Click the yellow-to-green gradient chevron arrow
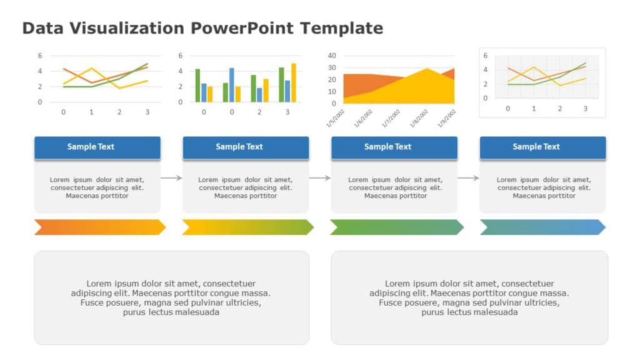pyautogui.click(x=247, y=227)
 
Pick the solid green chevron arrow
pyautogui.click(x=396, y=227)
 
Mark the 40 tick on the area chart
pyautogui.click(x=332, y=56)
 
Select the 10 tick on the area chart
pyautogui.click(x=332, y=91)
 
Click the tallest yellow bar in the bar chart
pyautogui.click(x=294, y=82)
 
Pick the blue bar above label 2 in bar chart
pyautogui.click(x=259, y=94)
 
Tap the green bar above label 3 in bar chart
pyautogui.click(x=281, y=84)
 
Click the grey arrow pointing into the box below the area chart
pyautogui.click(x=319, y=178)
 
